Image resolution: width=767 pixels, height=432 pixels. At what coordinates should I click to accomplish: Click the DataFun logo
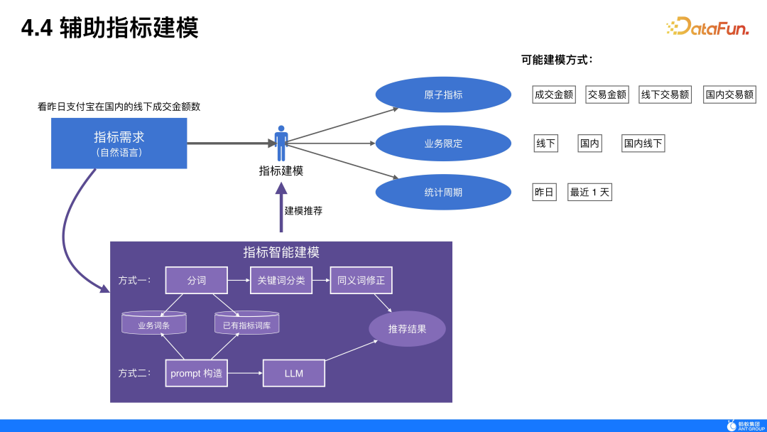[708, 27]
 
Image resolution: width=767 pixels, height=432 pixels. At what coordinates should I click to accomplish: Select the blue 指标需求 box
[119, 143]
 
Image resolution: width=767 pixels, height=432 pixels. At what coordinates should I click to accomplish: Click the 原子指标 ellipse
[443, 94]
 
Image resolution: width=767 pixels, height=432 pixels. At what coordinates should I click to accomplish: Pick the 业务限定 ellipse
[443, 144]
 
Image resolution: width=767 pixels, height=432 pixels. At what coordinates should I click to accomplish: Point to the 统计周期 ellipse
[443, 192]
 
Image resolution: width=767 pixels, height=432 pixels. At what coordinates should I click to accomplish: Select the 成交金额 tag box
[554, 94]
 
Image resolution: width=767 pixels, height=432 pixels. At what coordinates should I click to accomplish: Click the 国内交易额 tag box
[729, 94]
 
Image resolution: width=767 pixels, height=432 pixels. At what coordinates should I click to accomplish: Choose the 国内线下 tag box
[643, 144]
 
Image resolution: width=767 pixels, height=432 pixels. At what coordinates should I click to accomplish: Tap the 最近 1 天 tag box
[589, 192]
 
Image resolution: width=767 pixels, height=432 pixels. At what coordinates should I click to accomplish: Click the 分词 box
[197, 281]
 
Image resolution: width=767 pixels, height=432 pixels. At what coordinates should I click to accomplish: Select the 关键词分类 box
[281, 281]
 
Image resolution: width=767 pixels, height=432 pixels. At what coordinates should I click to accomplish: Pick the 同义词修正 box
[361, 281]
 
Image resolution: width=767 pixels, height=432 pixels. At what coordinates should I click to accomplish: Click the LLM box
[294, 373]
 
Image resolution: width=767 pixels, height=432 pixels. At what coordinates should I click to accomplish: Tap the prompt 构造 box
[197, 373]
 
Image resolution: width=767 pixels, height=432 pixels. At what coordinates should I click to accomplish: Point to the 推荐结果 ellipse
[407, 329]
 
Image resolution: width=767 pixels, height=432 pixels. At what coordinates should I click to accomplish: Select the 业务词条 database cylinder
[153, 323]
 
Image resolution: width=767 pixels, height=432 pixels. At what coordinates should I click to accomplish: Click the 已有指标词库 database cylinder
[246, 323]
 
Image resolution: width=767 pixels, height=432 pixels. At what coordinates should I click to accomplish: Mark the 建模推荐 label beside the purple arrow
[303, 211]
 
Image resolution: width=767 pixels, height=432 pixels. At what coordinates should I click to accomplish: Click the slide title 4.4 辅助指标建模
[109, 28]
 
